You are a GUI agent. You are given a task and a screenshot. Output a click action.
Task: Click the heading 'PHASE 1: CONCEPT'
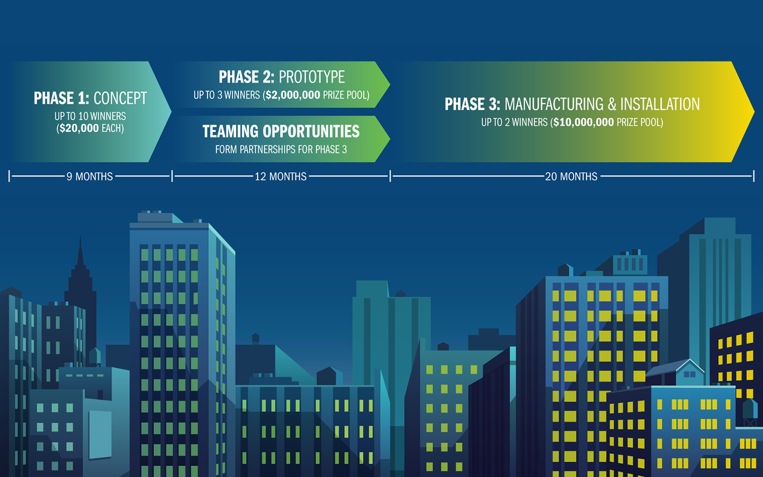[x=90, y=98]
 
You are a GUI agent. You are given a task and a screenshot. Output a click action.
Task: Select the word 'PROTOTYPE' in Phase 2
[x=312, y=78]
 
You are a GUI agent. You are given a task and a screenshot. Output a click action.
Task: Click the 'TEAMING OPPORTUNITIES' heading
[x=281, y=131]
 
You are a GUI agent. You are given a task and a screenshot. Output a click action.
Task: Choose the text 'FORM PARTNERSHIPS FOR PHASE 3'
[x=281, y=149]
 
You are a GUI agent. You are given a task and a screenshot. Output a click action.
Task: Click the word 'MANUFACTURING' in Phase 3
[x=554, y=104]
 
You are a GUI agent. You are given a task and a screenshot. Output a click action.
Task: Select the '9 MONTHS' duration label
[x=89, y=176]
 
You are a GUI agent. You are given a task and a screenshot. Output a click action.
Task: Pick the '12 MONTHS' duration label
[x=280, y=176]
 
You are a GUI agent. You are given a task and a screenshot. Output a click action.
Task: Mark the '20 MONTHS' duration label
[x=571, y=176]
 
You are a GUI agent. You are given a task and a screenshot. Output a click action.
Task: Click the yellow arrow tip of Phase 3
[x=748, y=111]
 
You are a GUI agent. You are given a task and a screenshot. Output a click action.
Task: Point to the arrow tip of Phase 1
[x=166, y=111]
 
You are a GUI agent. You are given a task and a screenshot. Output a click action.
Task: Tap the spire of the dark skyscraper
[x=80, y=250]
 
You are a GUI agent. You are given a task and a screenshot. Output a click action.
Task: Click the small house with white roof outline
[x=690, y=371]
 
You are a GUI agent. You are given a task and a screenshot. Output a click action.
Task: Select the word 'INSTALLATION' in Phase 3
[x=660, y=104]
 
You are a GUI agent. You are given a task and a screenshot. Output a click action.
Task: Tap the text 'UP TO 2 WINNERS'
[x=514, y=123]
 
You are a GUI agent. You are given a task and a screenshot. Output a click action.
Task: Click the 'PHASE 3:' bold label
[x=473, y=104]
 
